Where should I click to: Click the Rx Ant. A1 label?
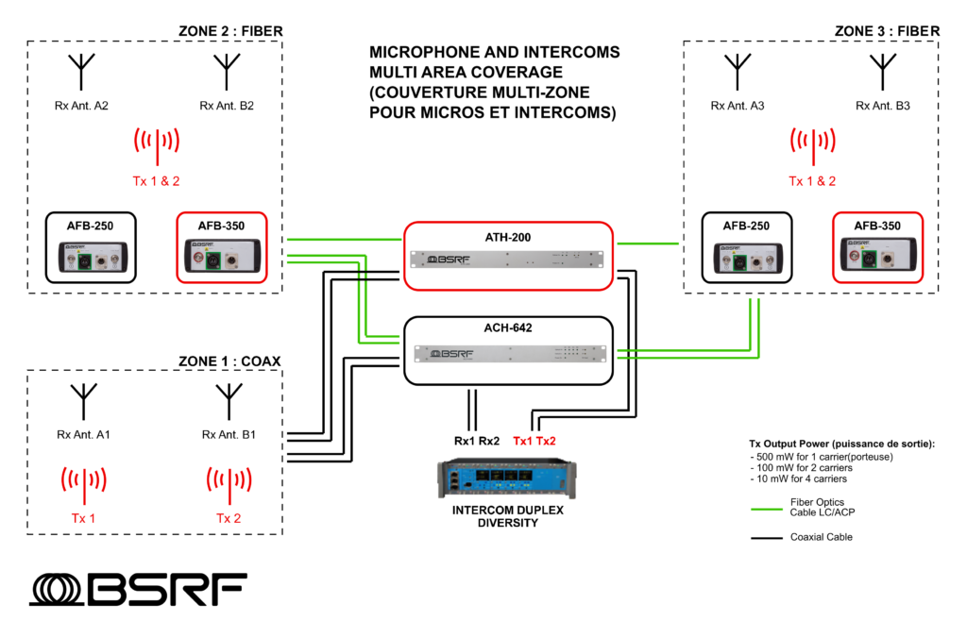[83, 435]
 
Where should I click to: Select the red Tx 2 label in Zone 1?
[229, 518]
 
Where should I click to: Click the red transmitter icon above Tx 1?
[83, 482]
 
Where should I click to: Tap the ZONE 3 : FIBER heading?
[887, 31]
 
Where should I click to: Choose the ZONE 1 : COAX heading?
[229, 361]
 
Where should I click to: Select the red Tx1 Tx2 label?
[534, 441]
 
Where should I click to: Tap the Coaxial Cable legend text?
[822, 537]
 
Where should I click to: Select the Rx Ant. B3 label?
[882, 106]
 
